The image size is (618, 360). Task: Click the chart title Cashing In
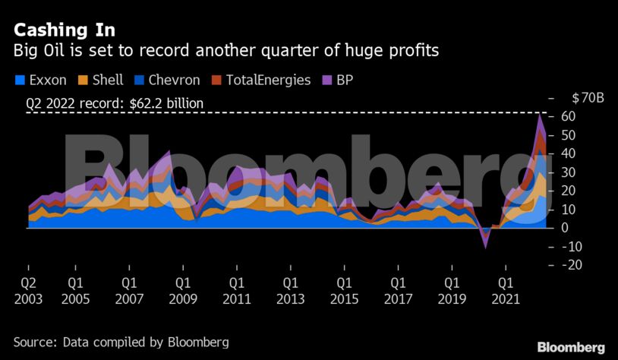tap(65, 30)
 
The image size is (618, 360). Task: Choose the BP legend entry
tap(338, 80)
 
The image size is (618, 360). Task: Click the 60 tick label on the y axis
tap(569, 116)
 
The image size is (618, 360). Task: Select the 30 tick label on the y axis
tap(569, 172)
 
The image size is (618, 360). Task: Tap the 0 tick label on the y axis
tap(566, 228)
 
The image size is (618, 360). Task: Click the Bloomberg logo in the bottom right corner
tap(571, 347)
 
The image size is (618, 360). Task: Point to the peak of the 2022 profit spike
tap(540, 115)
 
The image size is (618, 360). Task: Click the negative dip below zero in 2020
tap(486, 243)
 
